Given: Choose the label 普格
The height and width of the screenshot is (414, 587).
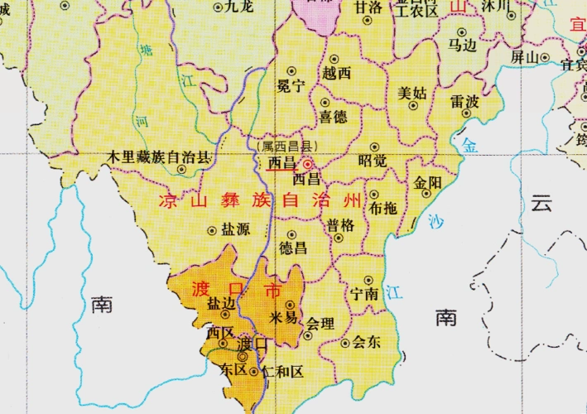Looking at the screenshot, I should (340, 224).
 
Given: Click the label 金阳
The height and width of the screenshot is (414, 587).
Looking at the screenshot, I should (428, 181).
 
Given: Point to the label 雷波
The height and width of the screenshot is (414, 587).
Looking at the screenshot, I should (465, 101).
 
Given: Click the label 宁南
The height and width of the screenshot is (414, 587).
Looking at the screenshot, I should (365, 294).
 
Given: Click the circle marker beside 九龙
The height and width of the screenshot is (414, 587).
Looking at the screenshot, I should (219, 7).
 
